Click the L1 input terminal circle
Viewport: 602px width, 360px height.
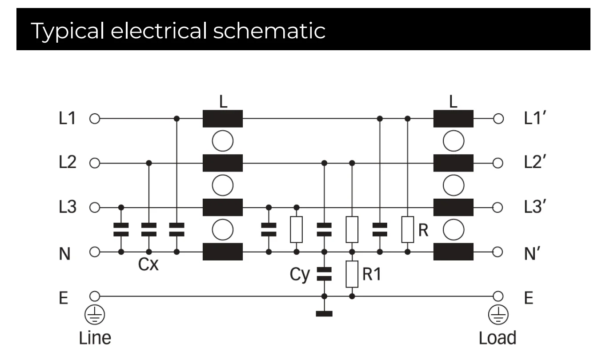point(95,119)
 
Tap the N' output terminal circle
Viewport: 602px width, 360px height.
point(498,252)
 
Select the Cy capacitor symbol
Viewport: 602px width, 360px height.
point(324,274)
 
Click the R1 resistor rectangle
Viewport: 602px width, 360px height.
point(352,274)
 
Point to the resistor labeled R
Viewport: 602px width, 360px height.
point(407,229)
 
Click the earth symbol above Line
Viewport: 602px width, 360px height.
point(95,315)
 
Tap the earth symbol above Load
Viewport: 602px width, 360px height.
point(498,315)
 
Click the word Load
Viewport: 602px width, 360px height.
point(498,338)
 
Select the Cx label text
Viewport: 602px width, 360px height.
point(148,264)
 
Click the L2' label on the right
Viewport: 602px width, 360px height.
point(535,162)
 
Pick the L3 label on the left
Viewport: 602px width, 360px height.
point(68,207)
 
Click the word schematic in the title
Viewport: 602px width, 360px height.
point(269,31)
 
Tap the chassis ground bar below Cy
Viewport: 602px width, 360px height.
point(324,313)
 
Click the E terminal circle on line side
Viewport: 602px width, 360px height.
point(95,296)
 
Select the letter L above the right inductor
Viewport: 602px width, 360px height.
point(453,101)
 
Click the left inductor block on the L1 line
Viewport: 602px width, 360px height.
point(222,119)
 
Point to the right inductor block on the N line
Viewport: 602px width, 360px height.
point(454,252)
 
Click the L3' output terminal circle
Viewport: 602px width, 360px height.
point(498,208)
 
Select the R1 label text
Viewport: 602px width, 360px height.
point(372,274)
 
